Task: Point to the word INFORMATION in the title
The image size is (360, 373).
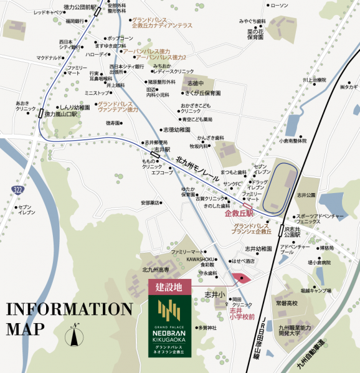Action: pos(69,309)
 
